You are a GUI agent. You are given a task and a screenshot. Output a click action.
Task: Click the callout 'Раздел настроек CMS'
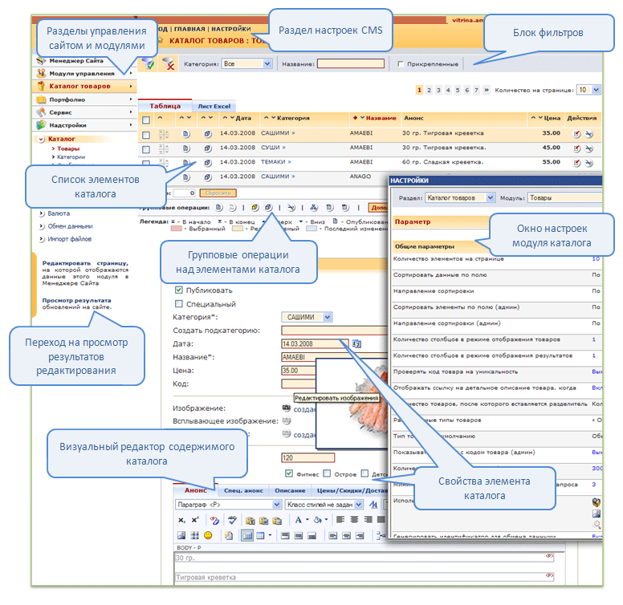(330, 30)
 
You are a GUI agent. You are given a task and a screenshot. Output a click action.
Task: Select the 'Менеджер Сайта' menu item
(75, 61)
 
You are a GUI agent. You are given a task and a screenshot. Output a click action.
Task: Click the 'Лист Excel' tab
(214, 106)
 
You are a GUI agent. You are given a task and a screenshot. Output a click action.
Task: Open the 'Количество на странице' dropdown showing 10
(588, 90)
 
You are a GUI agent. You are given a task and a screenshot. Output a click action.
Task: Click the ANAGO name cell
(360, 176)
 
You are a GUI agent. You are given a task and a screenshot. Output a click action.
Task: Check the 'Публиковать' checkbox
(178, 290)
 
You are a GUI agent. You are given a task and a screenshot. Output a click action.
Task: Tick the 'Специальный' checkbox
(178, 304)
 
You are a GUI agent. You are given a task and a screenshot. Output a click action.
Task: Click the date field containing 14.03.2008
(313, 343)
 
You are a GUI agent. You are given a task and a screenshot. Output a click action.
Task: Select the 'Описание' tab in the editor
(290, 490)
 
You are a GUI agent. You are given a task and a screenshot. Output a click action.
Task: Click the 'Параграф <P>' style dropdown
(227, 505)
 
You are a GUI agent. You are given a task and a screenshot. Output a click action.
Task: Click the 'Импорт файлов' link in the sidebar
(69, 238)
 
